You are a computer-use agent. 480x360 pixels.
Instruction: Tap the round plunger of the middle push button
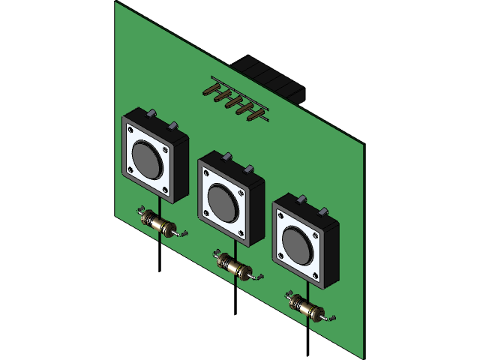[221, 201]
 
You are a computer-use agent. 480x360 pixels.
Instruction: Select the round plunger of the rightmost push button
[296, 244]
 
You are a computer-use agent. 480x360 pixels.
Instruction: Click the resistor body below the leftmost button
[159, 223]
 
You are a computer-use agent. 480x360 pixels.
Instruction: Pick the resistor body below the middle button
[234, 266]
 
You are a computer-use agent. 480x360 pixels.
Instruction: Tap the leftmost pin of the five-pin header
[209, 92]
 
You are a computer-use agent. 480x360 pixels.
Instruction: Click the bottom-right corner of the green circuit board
[364, 357]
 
